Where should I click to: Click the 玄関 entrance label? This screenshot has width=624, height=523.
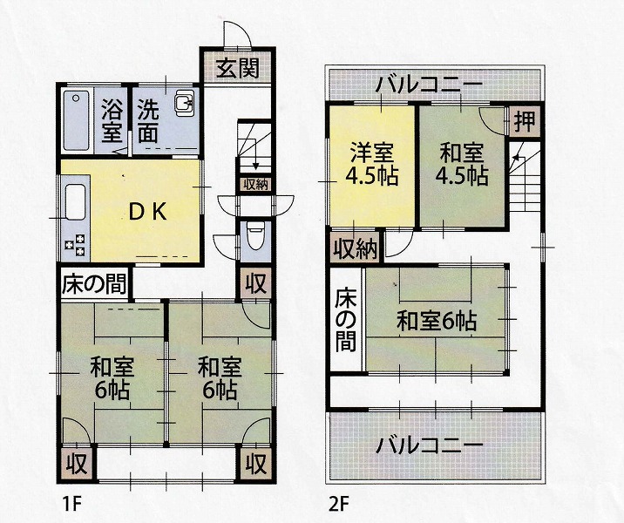pos(238,68)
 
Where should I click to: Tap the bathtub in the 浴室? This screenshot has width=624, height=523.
pos(76,120)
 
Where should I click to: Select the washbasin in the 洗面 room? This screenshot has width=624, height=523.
pos(184,102)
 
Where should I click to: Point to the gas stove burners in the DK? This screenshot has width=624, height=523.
pos(76,244)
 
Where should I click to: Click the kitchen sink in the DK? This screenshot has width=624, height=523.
pos(76,202)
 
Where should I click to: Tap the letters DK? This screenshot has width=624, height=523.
pos(147,213)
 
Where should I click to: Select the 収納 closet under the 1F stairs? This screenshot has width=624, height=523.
pos(255,185)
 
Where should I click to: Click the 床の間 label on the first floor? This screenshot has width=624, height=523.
pos(94,284)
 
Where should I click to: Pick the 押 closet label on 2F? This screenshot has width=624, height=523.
pos(524,121)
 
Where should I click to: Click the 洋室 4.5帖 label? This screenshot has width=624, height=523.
pos(371,164)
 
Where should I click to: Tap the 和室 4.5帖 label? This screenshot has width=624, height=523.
pos(462,164)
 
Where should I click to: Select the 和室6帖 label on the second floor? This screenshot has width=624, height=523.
pos(437,321)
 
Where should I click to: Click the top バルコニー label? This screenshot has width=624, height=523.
pos(430,85)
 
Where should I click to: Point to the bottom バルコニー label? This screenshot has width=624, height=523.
pos(430,445)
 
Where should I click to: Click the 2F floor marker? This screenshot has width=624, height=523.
pos(339,505)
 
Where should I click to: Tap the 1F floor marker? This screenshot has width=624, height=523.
pos(71,505)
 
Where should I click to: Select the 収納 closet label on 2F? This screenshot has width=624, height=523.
pos(355,248)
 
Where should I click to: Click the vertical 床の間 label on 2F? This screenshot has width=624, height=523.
pos(345,321)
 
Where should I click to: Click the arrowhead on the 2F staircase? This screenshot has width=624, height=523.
pos(516,157)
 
